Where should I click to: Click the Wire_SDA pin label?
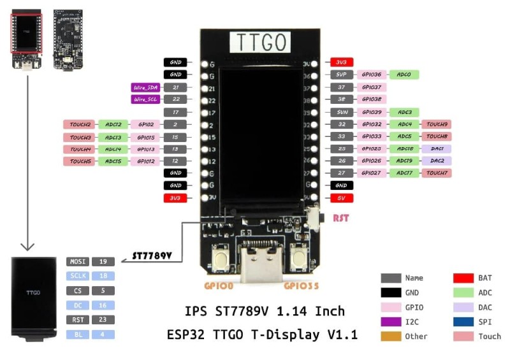(x=145, y=87)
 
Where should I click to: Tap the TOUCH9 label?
(x=437, y=124)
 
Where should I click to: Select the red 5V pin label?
(x=341, y=198)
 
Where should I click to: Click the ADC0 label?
(x=404, y=75)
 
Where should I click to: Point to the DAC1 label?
(x=437, y=148)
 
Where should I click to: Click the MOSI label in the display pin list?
(x=77, y=261)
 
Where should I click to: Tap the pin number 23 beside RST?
(x=103, y=320)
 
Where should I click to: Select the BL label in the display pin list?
(x=77, y=335)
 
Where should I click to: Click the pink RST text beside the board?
(x=341, y=218)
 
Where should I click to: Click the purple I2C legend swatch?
(x=390, y=321)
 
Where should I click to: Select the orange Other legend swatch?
(x=390, y=336)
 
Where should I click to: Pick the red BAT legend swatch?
(x=463, y=278)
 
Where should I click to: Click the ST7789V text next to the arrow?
(x=152, y=256)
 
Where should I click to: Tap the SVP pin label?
(x=342, y=75)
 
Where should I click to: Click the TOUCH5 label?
(x=80, y=161)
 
